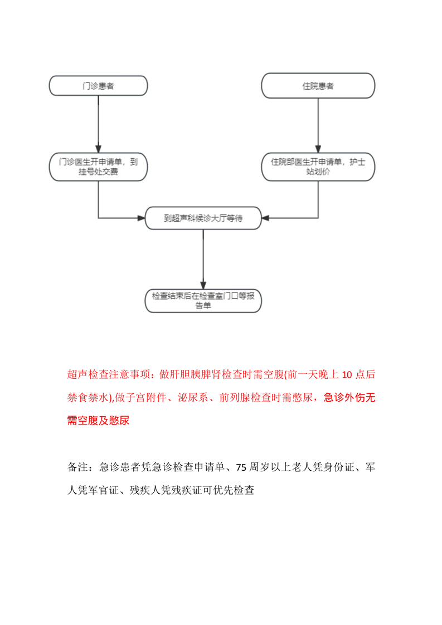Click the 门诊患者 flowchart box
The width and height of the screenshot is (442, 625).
click(98, 86)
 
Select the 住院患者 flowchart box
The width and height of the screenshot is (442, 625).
click(318, 86)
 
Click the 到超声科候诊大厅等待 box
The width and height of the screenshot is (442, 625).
click(203, 218)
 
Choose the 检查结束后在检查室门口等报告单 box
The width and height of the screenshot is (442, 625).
click(203, 300)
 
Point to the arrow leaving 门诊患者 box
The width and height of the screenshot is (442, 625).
click(98, 123)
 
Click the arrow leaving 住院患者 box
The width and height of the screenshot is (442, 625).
click(318, 123)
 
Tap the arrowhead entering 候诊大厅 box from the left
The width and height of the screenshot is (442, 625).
click(141, 217)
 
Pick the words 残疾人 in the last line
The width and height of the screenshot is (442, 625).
click(144, 490)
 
